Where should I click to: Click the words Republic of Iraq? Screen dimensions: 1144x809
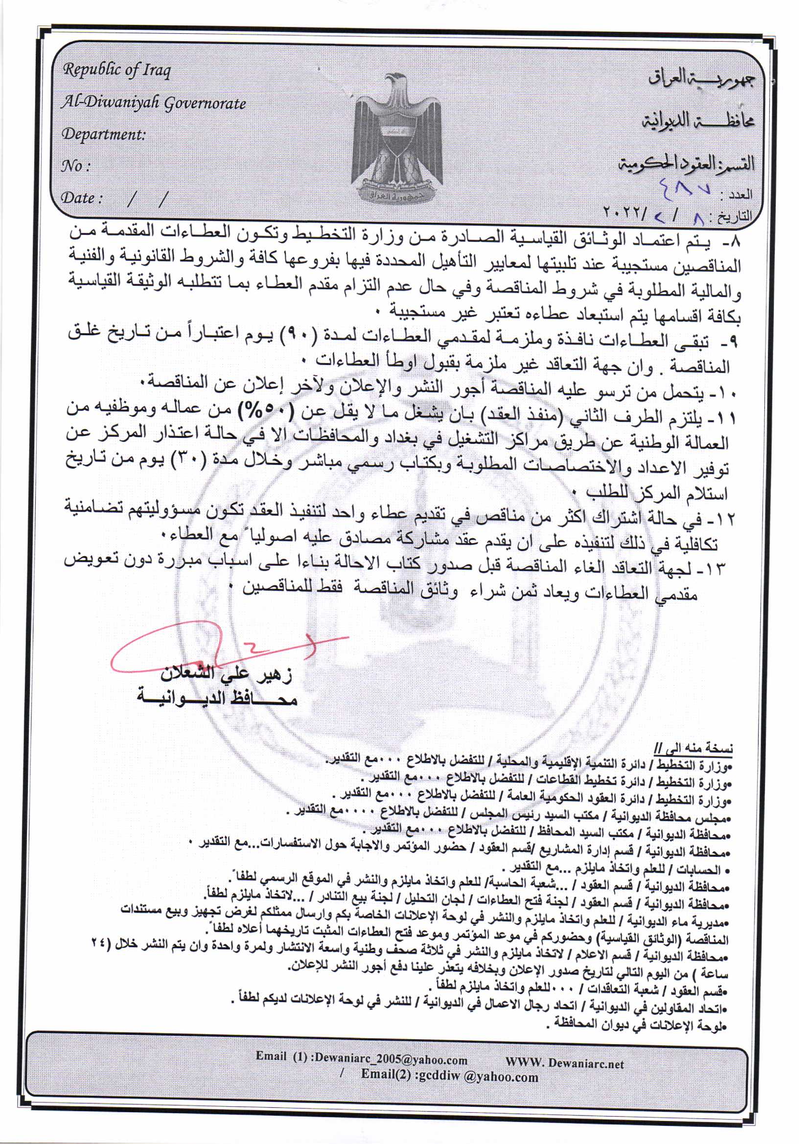pyautogui.click(x=116, y=70)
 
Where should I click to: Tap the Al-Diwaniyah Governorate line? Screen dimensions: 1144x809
pyautogui.click(x=154, y=103)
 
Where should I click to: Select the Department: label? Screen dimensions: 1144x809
pyautogui.click(x=103, y=135)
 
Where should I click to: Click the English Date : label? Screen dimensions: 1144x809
pyautogui.click(x=82, y=198)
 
